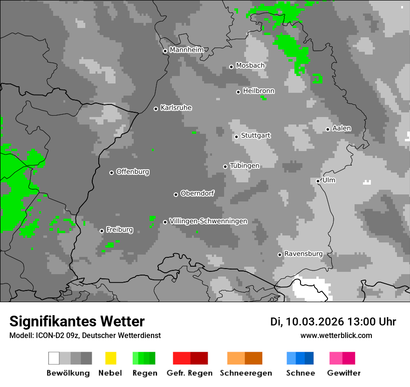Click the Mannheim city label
[x=186, y=50]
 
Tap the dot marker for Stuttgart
[x=237, y=137]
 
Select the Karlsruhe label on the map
[x=176, y=108]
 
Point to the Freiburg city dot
[x=102, y=231]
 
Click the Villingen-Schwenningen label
[x=208, y=221]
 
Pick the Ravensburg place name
[x=303, y=254]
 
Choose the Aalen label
[x=342, y=128]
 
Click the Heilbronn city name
[x=259, y=91]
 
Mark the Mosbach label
[x=250, y=66]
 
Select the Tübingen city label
[x=245, y=166]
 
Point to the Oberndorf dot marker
[x=176, y=194]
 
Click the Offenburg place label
[x=133, y=172]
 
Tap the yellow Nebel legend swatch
[x=110, y=358]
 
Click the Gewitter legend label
[x=344, y=373]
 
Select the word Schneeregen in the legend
[x=246, y=373]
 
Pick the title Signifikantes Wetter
[x=77, y=321]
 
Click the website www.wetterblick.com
[x=336, y=335]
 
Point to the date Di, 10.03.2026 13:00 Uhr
[x=333, y=322]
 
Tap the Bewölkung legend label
[x=68, y=373]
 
